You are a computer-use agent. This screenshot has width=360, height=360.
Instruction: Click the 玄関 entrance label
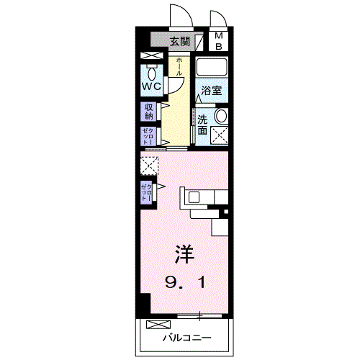tap(181, 41)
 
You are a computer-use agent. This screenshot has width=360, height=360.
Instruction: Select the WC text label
tap(150, 86)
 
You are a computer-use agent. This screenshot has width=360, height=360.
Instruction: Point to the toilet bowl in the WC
tap(151, 73)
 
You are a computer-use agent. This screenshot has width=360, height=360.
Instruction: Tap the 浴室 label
tap(211, 92)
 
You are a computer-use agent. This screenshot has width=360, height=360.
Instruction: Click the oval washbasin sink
tap(221, 116)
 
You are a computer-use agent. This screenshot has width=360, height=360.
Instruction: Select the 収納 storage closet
tap(149, 111)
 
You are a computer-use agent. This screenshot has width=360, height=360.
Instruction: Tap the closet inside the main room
tap(147, 192)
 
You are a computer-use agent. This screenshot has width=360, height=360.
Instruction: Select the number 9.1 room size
tap(184, 282)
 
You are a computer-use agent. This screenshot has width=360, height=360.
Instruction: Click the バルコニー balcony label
tap(186, 337)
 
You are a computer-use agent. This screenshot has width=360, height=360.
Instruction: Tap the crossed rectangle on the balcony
tap(159, 324)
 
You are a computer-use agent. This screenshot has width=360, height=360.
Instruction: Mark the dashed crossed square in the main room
tap(148, 166)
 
